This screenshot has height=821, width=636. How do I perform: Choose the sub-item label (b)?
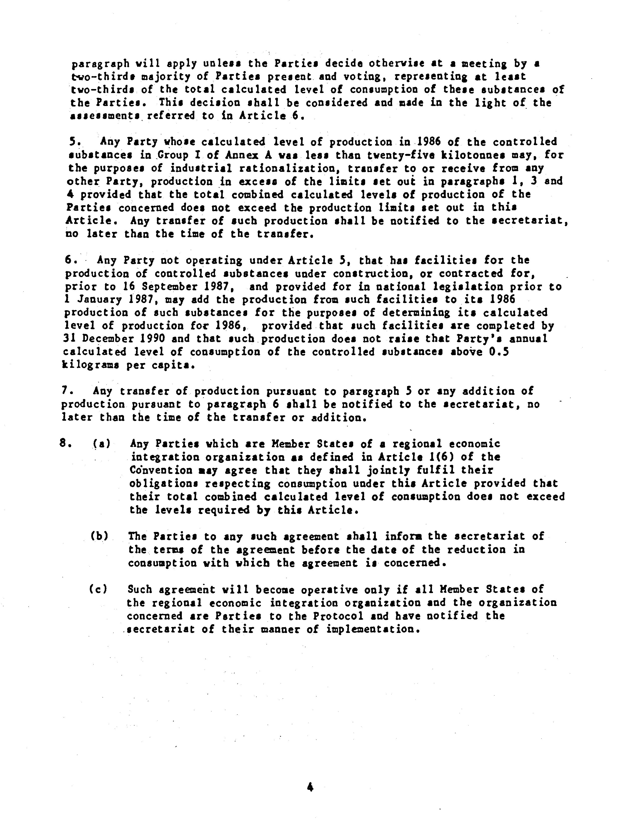(100, 536)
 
